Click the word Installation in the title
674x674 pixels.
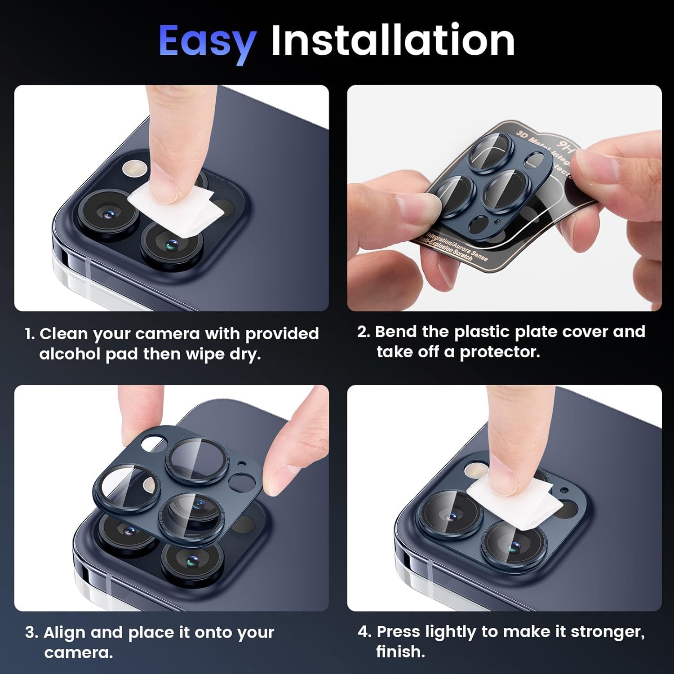(x=393, y=40)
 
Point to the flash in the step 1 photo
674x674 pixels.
(x=134, y=168)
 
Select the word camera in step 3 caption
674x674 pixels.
(x=78, y=652)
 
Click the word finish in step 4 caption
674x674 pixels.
(x=400, y=652)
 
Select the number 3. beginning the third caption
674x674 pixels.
(x=31, y=633)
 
